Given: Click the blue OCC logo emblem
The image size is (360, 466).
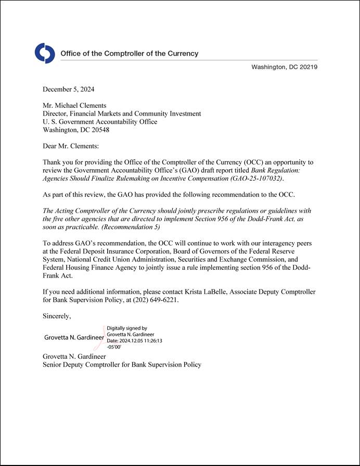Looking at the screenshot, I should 45,54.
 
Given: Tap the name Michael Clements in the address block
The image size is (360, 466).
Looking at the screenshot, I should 80,106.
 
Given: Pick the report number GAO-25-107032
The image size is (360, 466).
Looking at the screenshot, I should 256,178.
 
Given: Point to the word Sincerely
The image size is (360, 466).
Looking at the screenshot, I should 57,316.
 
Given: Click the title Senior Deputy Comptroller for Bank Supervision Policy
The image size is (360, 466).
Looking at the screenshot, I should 122,364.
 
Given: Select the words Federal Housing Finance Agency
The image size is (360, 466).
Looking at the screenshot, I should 91,267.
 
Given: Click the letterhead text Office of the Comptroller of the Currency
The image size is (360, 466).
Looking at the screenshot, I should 130,54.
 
